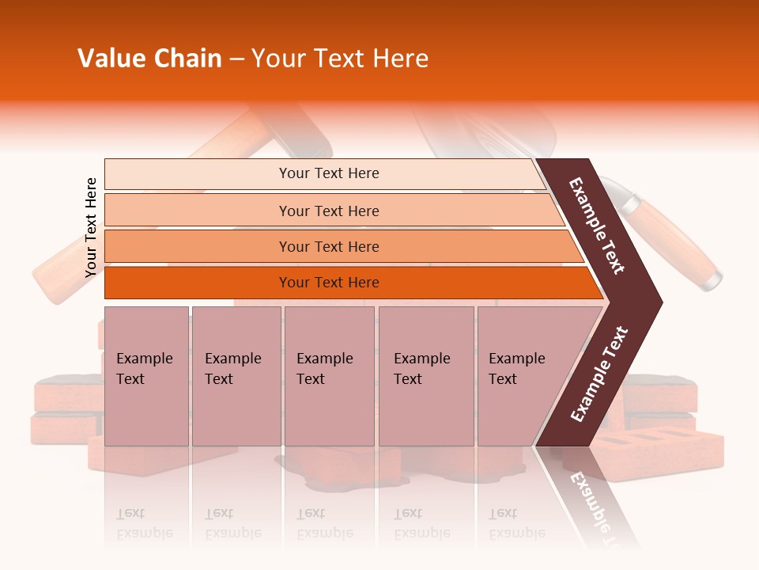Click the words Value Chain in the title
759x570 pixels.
149,59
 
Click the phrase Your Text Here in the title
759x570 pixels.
340,59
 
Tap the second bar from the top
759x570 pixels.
328,211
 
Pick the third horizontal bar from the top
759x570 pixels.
328,246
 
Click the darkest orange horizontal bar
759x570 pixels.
328,283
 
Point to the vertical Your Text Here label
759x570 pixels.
91,227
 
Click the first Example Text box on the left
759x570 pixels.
146,376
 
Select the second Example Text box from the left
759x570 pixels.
236,376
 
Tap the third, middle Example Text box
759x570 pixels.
329,376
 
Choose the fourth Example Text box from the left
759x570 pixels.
425,376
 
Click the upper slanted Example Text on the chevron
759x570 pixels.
598,226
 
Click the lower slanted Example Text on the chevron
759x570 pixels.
599,374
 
